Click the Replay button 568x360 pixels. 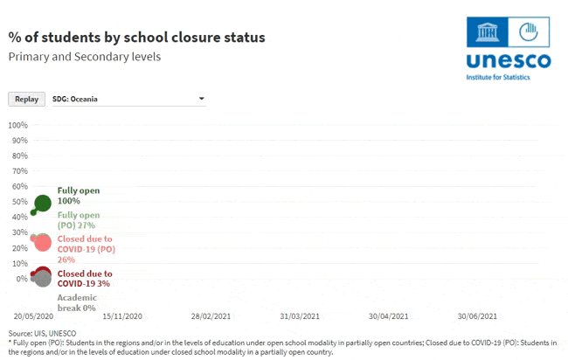click(27, 100)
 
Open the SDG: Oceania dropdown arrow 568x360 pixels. click(202, 99)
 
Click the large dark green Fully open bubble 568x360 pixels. click(43, 204)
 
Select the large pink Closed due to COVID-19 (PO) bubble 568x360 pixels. click(43, 243)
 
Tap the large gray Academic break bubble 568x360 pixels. click(43, 279)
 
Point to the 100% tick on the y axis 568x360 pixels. click(18, 125)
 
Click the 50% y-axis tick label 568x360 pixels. click(20, 202)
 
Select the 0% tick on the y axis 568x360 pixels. click(22, 279)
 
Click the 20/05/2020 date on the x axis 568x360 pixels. click(33, 316)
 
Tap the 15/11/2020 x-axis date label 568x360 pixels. click(122, 316)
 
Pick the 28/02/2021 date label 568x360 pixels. click(211, 316)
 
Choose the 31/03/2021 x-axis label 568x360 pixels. click(300, 316)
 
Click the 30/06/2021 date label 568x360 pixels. click(477, 316)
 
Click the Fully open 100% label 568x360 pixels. click(79, 196)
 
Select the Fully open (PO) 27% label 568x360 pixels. click(79, 220)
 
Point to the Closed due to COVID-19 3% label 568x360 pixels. click(85, 279)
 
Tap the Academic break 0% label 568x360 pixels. click(77, 303)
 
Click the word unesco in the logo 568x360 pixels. click(509, 61)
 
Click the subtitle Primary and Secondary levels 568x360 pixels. click(85, 57)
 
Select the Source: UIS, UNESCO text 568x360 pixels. click(43, 333)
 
